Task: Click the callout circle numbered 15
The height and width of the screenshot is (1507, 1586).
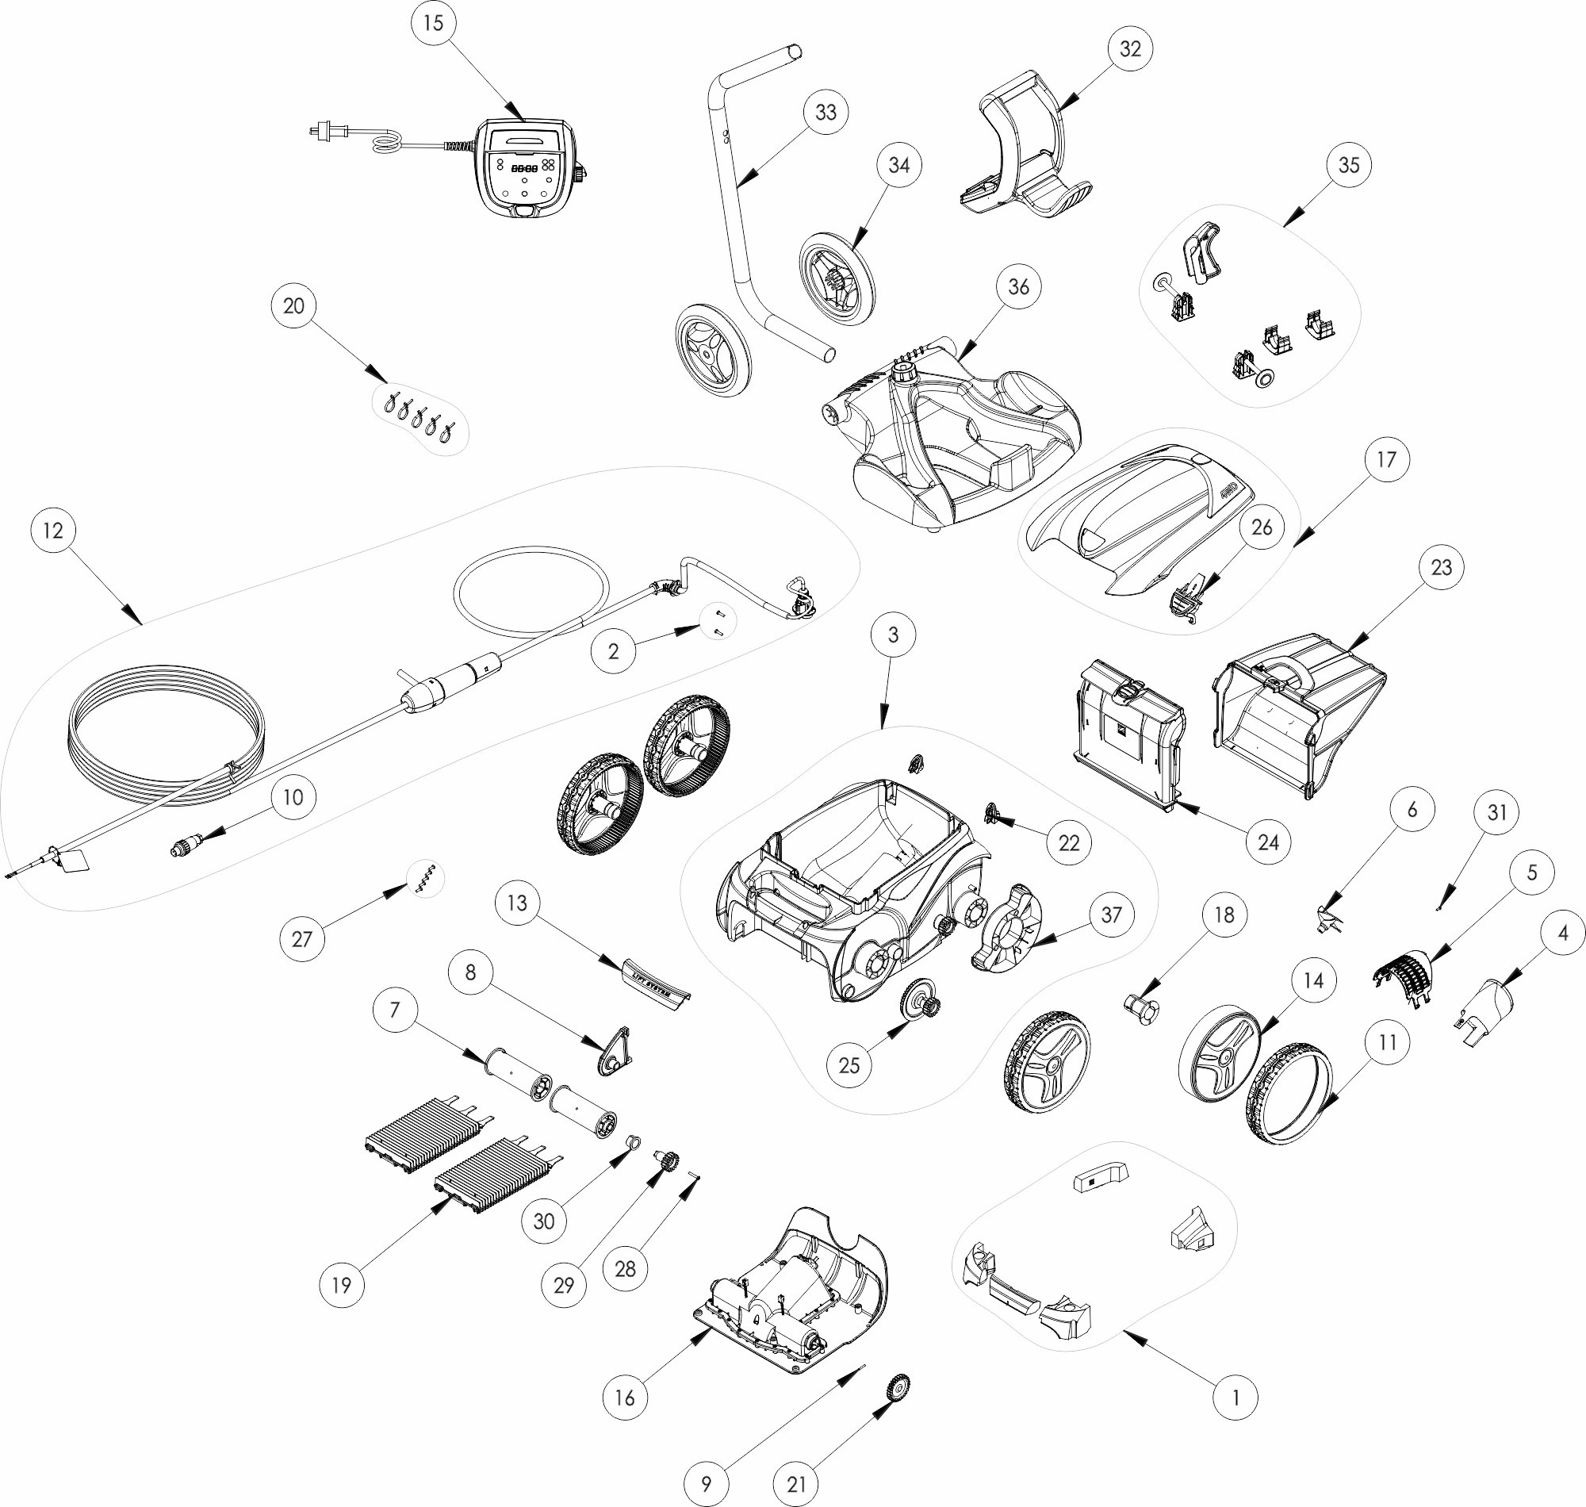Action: pyautogui.click(x=433, y=23)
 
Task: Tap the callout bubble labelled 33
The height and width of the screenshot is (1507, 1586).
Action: pyautogui.click(x=826, y=113)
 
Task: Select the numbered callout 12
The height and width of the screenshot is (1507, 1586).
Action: pyautogui.click(x=53, y=530)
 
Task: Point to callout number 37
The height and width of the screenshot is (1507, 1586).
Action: pyautogui.click(x=1111, y=915)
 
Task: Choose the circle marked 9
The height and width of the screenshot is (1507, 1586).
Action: pyautogui.click(x=706, y=1484)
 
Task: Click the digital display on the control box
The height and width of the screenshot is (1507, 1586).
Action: pyautogui.click(x=525, y=170)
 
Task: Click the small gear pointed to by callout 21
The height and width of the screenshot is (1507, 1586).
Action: pyautogui.click(x=897, y=1387)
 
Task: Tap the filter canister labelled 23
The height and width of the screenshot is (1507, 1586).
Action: pyautogui.click(x=1299, y=715)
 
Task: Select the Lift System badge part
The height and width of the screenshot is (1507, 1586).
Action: pyautogui.click(x=657, y=980)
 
